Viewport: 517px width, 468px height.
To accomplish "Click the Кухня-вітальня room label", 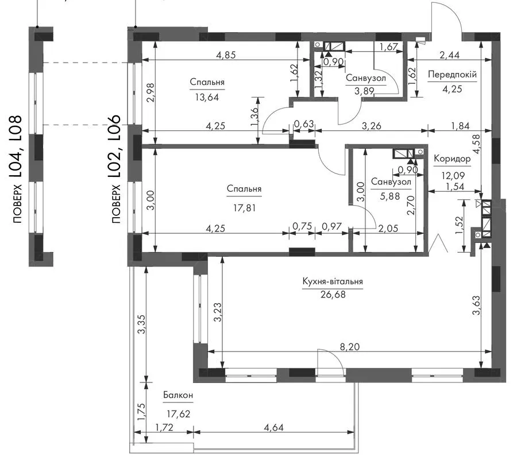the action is pyautogui.click(x=333, y=281).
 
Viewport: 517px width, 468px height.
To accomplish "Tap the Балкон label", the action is pyautogui.click(x=178, y=395).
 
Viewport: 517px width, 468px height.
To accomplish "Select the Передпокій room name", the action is pyautogui.click(x=452, y=75).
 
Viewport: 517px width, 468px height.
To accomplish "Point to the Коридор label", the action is pyautogui.click(x=452, y=159).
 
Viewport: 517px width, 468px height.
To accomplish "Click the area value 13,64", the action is pyautogui.click(x=207, y=98).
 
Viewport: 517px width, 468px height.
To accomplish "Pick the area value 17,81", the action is pyautogui.click(x=244, y=208).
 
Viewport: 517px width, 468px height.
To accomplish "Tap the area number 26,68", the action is pyautogui.click(x=333, y=294).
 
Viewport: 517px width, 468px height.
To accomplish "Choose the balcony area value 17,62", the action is pyautogui.click(x=179, y=413).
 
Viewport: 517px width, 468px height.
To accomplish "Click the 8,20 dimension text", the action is pyautogui.click(x=350, y=346).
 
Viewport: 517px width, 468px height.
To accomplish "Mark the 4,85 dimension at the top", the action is pyautogui.click(x=226, y=55).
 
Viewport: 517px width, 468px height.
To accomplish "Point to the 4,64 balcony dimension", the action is pyautogui.click(x=273, y=427).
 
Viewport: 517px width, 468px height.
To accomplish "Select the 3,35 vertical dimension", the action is pyautogui.click(x=141, y=324).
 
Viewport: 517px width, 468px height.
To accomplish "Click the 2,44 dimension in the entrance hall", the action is pyautogui.click(x=449, y=55).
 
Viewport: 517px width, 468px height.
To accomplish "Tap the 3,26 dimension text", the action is pyautogui.click(x=371, y=126).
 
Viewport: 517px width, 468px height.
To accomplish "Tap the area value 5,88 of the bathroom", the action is pyautogui.click(x=390, y=196).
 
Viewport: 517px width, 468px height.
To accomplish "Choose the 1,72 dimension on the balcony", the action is pyautogui.click(x=164, y=427).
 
